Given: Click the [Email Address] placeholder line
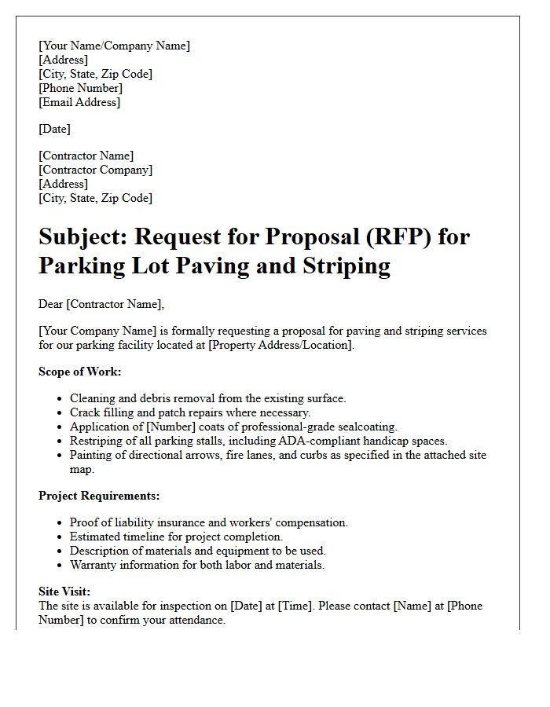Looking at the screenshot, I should (x=79, y=102).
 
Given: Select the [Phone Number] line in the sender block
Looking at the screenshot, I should (x=80, y=88).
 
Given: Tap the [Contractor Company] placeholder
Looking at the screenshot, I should (x=96, y=170).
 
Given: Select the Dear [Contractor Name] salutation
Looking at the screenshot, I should (x=101, y=304).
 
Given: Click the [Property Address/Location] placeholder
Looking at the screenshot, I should (x=281, y=345).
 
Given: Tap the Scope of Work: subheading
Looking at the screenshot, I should (x=80, y=372).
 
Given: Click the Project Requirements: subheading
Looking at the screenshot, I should (x=99, y=496).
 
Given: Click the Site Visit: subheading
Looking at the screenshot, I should (x=64, y=592).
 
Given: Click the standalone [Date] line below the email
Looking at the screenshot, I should (x=54, y=129).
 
